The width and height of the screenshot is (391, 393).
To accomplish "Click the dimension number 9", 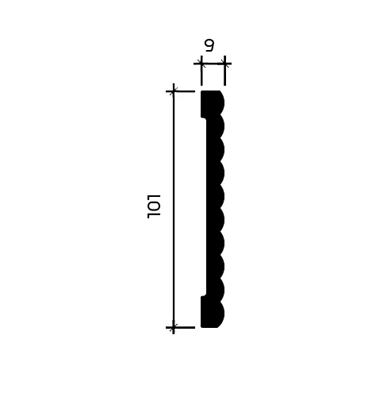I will coord(209,45).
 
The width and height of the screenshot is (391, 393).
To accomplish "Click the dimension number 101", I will coord(154,205).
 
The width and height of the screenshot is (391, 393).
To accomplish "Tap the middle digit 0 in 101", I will coord(154,205).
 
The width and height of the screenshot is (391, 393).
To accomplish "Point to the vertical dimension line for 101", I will coord(174,206).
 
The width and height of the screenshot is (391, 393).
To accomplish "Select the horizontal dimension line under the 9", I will coord(213,61).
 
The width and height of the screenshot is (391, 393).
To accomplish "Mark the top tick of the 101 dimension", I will coord(174,91).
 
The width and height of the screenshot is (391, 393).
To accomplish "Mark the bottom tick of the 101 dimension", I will coord(174,326).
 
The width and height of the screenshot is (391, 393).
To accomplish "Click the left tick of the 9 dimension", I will coord(201,61).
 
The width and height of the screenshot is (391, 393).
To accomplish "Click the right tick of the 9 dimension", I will coord(224,61).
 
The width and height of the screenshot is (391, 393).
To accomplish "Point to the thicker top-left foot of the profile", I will coord(205,104).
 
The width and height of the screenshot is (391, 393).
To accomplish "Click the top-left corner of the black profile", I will coord(201,92).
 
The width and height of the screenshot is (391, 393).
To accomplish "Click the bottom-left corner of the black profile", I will coord(201,326).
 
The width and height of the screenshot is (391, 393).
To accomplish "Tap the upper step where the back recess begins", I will coord(206,118).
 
